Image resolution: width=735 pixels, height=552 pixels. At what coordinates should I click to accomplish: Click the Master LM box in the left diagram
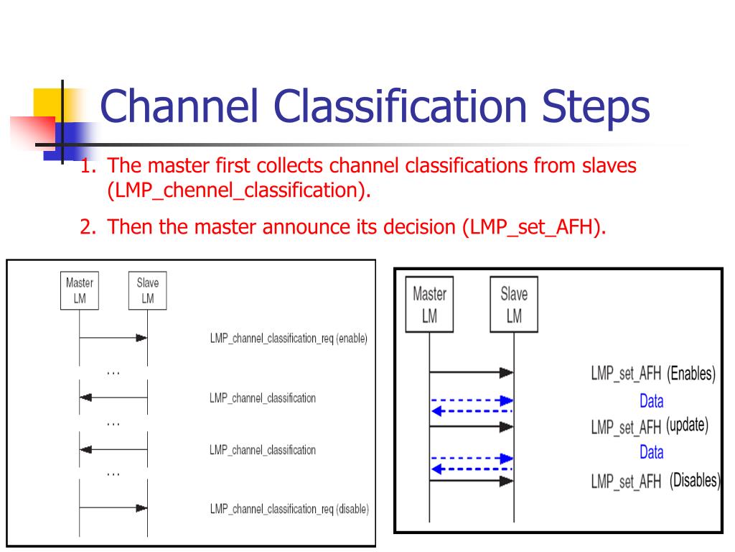click(x=79, y=290)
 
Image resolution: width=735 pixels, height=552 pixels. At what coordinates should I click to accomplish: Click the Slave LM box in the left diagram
click(x=147, y=290)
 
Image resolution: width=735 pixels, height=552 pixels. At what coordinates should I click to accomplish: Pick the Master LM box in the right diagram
click(x=429, y=305)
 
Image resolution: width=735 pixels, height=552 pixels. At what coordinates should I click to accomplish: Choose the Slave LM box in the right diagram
click(x=514, y=305)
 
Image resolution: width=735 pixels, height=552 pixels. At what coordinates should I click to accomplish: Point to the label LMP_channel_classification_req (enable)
click(x=289, y=338)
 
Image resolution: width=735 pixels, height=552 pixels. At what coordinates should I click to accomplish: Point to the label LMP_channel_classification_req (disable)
click(x=289, y=509)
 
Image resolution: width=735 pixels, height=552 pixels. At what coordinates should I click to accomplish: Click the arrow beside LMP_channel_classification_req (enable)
click(x=113, y=338)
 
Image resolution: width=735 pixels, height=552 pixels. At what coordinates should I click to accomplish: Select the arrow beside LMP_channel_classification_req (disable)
click(x=113, y=508)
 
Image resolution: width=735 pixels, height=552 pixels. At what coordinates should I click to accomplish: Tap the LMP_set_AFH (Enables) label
click(x=652, y=374)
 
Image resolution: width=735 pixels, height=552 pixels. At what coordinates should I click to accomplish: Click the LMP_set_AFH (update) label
click(x=649, y=426)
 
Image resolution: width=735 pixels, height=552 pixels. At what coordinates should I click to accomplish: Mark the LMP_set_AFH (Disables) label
click(x=655, y=481)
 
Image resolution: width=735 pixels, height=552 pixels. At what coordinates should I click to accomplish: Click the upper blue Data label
click(x=651, y=401)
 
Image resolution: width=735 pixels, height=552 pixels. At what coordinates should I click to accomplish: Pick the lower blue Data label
click(x=651, y=453)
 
